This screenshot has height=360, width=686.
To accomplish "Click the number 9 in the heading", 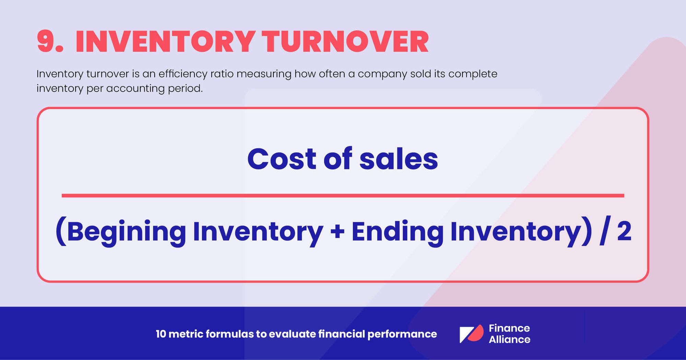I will tap(46, 42).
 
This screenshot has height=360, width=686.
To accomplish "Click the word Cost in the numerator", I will tap(281, 159).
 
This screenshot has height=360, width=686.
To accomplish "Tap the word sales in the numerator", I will tap(399, 159).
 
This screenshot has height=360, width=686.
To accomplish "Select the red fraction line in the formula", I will tap(343, 195).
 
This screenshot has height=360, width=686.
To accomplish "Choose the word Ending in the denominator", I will tap(397, 232).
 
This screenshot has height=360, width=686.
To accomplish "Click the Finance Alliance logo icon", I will tap(471, 334).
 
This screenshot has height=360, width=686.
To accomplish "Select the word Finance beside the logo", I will tap(509, 328).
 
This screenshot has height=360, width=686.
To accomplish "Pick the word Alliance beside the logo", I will tap(509, 339).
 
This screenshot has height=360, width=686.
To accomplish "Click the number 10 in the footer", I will tap(161, 334).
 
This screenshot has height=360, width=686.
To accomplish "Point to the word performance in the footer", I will tap(402, 334).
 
